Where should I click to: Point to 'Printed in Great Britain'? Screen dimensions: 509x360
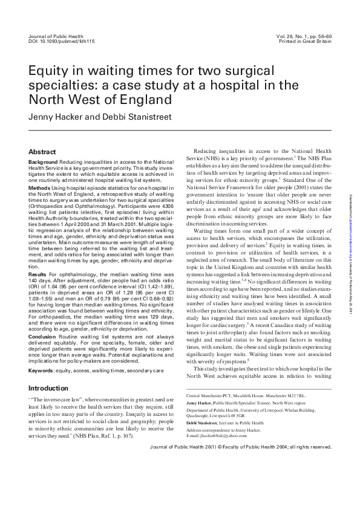[x=304, y=41]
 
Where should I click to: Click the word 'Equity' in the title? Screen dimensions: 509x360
[x=50, y=71]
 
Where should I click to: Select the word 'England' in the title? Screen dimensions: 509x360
[x=142, y=99]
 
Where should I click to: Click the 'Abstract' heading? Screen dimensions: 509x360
[x=42, y=152]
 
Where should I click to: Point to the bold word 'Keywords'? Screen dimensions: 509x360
[x=41, y=352]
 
